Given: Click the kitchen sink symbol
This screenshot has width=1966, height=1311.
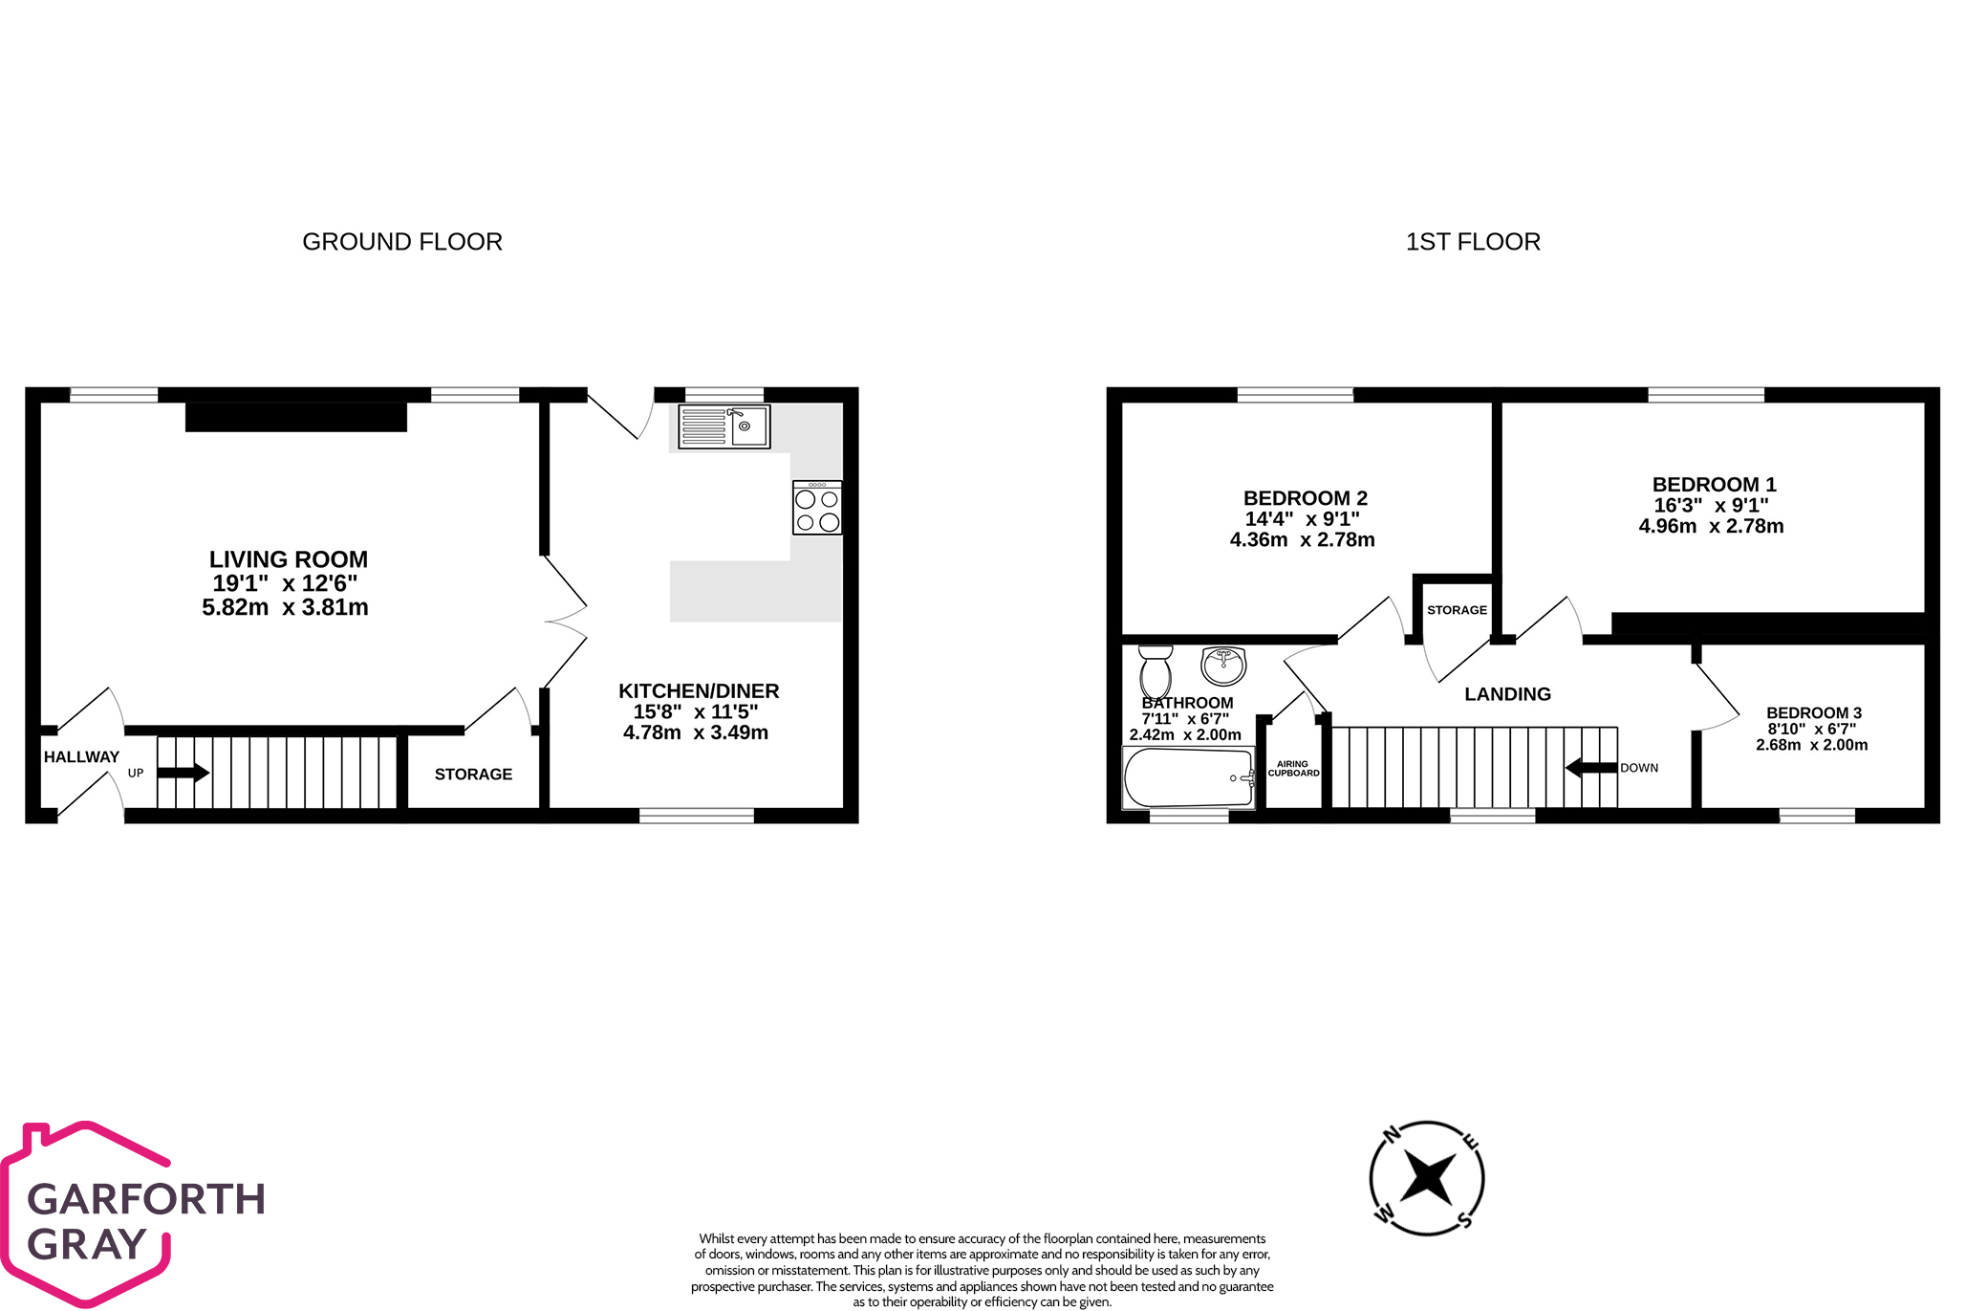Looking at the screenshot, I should click(724, 426).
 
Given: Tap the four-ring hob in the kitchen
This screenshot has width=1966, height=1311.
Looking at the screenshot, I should click(817, 508).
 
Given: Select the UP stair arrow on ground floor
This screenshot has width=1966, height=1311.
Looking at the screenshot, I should click(183, 773).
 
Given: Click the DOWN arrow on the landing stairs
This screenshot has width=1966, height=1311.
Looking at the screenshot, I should click(1591, 768).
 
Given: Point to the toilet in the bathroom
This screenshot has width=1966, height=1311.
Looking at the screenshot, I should click(1156, 672).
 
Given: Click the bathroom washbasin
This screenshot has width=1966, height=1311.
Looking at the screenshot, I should click(1223, 665).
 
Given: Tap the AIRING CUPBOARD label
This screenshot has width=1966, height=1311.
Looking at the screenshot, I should click(1293, 769).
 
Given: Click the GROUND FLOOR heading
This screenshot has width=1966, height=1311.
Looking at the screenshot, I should click(402, 242).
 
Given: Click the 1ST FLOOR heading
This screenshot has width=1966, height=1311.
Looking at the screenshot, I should click(1473, 242).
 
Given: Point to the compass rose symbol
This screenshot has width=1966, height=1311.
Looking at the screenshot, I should click(1427, 1177).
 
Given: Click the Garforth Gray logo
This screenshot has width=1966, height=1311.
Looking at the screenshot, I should click(134, 1214).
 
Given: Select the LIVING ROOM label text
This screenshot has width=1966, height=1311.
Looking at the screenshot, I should click(289, 559).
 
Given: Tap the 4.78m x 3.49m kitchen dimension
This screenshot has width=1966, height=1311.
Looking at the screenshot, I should click(696, 732).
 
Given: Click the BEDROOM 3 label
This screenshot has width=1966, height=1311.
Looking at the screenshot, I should click(1813, 712).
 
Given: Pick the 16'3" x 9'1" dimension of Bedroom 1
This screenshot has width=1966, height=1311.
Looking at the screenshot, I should click(1711, 505).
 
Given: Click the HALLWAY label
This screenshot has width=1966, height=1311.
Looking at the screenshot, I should click(81, 756).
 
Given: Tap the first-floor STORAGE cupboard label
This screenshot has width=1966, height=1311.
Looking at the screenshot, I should click(1457, 610).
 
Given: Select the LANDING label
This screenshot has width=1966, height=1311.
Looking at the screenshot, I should click(1507, 694).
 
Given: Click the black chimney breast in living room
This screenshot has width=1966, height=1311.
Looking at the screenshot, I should click(296, 417).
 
